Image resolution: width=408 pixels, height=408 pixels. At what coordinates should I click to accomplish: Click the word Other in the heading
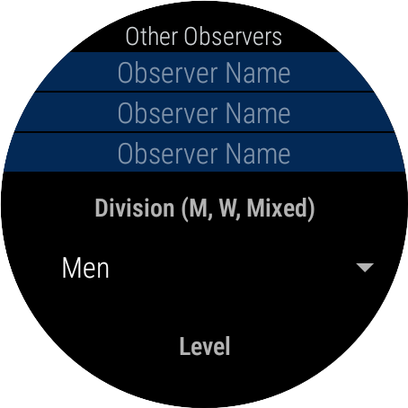[152, 37]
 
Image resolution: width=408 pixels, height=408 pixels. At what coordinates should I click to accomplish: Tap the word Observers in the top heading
[233, 37]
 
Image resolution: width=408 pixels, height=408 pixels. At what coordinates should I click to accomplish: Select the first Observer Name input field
[204, 72]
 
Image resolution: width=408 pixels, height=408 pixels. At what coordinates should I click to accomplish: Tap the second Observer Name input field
[204, 112]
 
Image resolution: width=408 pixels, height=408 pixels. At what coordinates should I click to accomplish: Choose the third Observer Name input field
[204, 153]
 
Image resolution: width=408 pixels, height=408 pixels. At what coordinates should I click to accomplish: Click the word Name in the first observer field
[258, 73]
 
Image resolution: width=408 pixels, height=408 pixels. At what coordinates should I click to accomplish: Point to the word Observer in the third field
[168, 154]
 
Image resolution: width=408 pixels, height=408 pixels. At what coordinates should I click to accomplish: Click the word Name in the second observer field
[258, 113]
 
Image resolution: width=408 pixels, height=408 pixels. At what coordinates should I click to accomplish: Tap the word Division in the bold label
[135, 208]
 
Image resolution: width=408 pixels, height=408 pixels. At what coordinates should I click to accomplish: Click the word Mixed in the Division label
[277, 208]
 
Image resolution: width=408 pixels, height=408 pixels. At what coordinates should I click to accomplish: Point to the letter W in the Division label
[229, 208]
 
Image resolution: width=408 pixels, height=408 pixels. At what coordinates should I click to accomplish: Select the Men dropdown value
[85, 269]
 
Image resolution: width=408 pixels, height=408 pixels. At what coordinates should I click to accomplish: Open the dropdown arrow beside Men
[365, 268]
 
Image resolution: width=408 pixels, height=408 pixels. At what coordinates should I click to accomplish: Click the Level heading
[205, 346]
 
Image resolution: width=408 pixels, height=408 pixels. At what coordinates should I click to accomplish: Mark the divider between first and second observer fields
[204, 92]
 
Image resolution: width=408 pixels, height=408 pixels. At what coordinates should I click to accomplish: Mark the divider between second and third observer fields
[204, 132]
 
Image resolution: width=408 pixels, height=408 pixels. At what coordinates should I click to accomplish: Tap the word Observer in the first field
[168, 73]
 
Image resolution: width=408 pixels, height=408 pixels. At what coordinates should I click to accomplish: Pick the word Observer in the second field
[168, 113]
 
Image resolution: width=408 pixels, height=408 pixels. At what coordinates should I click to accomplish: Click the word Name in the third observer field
[258, 154]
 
